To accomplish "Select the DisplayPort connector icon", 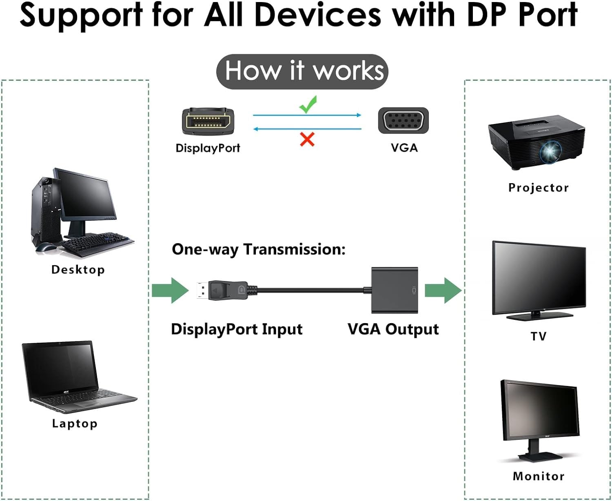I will pos(208,121).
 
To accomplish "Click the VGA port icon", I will pos(403,121).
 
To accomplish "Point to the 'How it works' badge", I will pos(302,71).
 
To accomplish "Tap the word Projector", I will pos(538,188).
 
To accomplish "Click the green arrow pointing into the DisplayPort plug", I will pos(170,290).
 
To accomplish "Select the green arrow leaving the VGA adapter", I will pos(443,290).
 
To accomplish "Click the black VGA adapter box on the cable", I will pos(395,290).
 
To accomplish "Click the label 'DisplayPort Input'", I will pos(237,329).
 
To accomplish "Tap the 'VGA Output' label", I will pos(393,329).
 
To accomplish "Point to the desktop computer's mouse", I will pos(45,247).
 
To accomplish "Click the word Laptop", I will pos(75,423).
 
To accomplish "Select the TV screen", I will pos(539,277).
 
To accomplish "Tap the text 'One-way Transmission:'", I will pos(259,249).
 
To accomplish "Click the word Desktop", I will pos(78,270).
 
